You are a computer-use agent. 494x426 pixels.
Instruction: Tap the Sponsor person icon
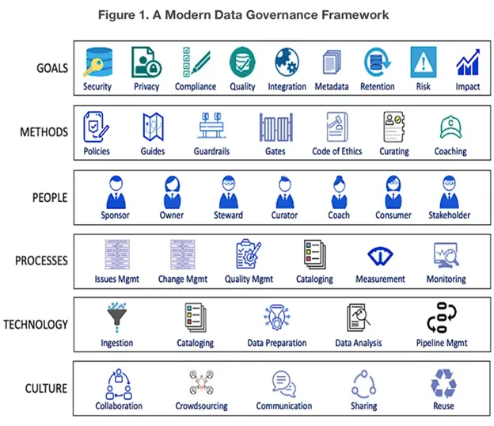[x=115, y=192]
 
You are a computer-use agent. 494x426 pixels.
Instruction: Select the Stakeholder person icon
[x=450, y=192]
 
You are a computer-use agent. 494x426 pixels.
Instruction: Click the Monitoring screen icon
[x=446, y=256]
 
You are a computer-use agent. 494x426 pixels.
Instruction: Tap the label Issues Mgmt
[x=117, y=280]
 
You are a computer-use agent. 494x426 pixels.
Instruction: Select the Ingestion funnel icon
[x=117, y=319]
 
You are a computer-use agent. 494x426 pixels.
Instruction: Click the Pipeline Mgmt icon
[x=443, y=319]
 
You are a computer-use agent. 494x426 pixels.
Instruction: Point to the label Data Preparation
[x=277, y=344]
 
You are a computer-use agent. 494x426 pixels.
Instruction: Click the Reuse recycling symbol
[x=443, y=384]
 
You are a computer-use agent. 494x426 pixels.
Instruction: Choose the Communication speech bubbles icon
[x=283, y=384]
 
